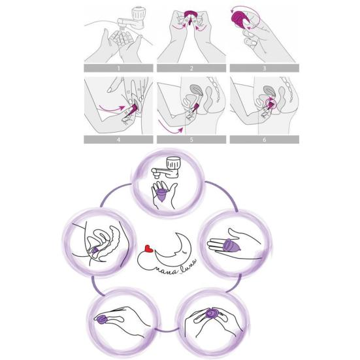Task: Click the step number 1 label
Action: coord(118,67)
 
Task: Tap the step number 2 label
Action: coord(191,67)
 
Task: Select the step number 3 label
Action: coord(264,67)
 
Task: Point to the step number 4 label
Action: coord(118,139)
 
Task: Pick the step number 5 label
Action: coord(191,139)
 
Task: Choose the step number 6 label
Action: coord(264,139)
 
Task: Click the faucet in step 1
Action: coord(139,15)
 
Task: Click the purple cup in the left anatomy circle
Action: coord(95,249)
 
